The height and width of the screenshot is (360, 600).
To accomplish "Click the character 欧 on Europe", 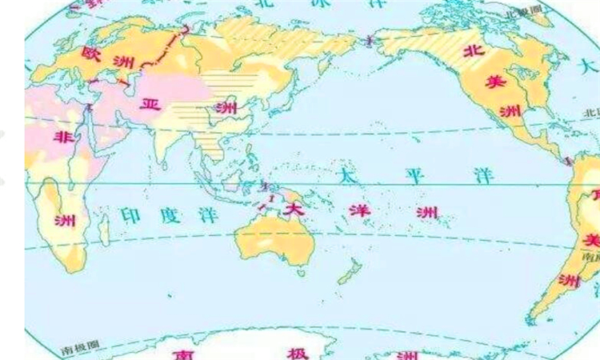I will [90, 53].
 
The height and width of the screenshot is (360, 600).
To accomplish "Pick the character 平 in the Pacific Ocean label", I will [414, 174].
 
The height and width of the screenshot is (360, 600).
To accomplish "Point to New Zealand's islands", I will [349, 273].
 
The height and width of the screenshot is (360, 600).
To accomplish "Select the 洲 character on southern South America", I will [570, 280].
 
